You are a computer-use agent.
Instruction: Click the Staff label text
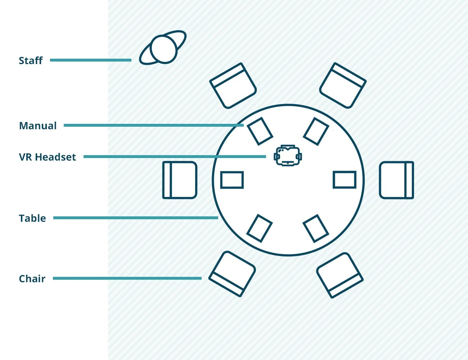31,60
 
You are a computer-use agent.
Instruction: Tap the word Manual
38,126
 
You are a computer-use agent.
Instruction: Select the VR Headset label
47,157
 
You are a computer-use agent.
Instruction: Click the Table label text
32,218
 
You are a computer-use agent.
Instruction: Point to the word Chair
32,279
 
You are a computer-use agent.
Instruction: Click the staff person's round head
164,49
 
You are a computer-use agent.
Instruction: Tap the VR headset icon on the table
288,156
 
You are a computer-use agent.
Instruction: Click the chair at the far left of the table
180,180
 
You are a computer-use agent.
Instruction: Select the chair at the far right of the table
396,180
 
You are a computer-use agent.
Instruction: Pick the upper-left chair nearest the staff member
233,86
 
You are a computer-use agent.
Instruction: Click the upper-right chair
343,86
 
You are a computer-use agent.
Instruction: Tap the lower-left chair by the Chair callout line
232,274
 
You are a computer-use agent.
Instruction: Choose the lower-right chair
340,275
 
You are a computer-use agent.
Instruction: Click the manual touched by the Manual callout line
260,131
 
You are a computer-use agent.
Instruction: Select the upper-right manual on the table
316,131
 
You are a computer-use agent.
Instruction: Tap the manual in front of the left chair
232,180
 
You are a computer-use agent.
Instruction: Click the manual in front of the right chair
345,180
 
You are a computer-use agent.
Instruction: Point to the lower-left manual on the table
260,228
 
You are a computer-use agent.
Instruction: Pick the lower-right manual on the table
316,228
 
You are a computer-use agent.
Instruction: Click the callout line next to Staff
90,60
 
